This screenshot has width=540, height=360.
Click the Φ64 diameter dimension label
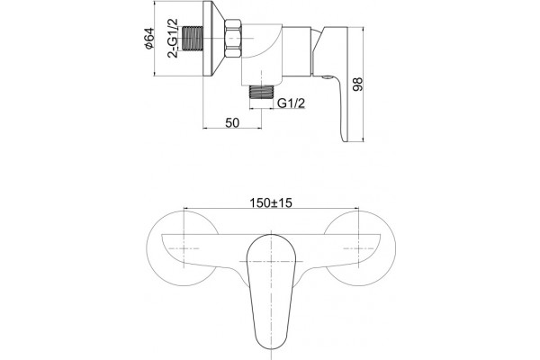click(x=149, y=38)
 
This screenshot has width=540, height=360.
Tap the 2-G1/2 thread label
click(x=173, y=38)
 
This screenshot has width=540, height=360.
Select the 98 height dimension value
click(x=358, y=85)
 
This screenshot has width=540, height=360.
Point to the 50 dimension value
click(x=232, y=122)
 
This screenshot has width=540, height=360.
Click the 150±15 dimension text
click(x=271, y=202)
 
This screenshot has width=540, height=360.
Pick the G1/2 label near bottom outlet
click(x=291, y=103)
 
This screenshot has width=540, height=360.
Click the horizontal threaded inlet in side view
click(x=193, y=38)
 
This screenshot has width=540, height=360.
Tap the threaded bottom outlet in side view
click(x=261, y=93)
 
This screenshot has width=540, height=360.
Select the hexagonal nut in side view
click(x=234, y=38)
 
